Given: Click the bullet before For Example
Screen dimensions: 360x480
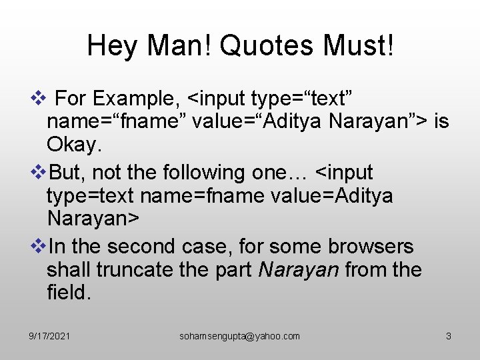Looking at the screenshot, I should (38, 99).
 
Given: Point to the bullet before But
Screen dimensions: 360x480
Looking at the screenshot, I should (38, 173).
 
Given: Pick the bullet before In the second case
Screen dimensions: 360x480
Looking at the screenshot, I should (38, 246).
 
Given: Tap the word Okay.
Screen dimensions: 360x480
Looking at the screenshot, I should (75, 145).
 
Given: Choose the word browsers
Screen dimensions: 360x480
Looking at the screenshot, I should (371, 246).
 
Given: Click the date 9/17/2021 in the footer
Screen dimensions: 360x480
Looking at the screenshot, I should (50, 337).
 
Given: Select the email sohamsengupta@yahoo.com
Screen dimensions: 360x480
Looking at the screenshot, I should (240, 337).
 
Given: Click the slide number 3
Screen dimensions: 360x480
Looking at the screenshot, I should (449, 337).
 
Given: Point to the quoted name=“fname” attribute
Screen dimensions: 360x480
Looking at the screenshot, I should (117, 123).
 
